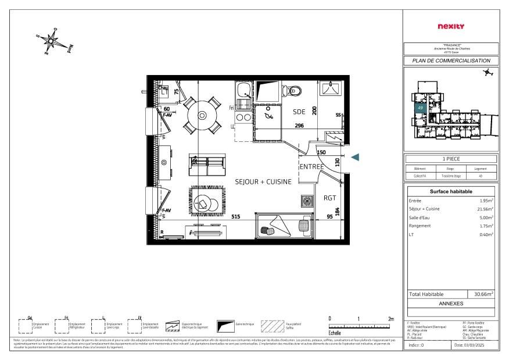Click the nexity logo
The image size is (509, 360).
tap(450, 26)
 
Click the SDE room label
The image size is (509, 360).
tap(299, 112)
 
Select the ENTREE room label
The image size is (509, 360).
tap(312, 167)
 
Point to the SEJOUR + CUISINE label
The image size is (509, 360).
tap(263, 182)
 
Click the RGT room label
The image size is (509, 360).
tap(329, 198)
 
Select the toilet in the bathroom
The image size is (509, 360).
tap(294, 90)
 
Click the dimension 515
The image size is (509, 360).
tap(236, 217)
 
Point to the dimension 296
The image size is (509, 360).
tap(299, 125)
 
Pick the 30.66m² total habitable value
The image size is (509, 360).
tap(483, 294)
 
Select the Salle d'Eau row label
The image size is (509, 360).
tap(419, 218)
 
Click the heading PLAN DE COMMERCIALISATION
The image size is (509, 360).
tap(451, 60)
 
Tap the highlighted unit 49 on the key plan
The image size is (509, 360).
tap(420, 108)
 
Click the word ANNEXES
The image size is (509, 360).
tap(451, 303)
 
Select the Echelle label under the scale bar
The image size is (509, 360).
tap(335, 333)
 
